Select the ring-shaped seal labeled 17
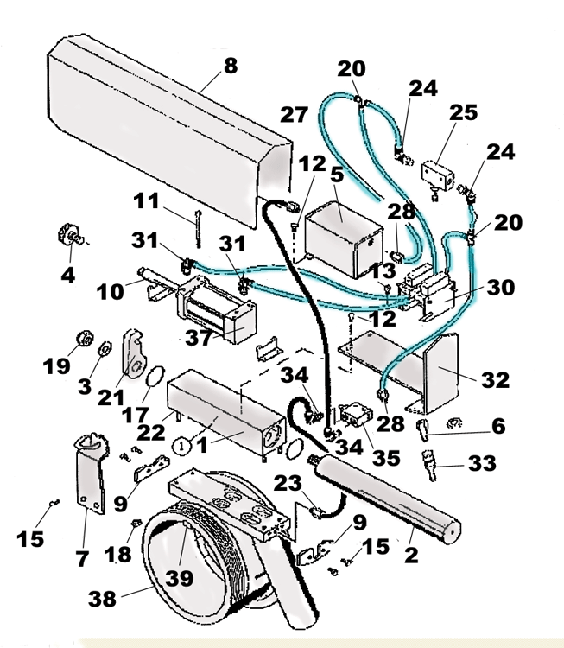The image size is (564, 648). pos(152,378)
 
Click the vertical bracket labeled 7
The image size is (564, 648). pos(86,484)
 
